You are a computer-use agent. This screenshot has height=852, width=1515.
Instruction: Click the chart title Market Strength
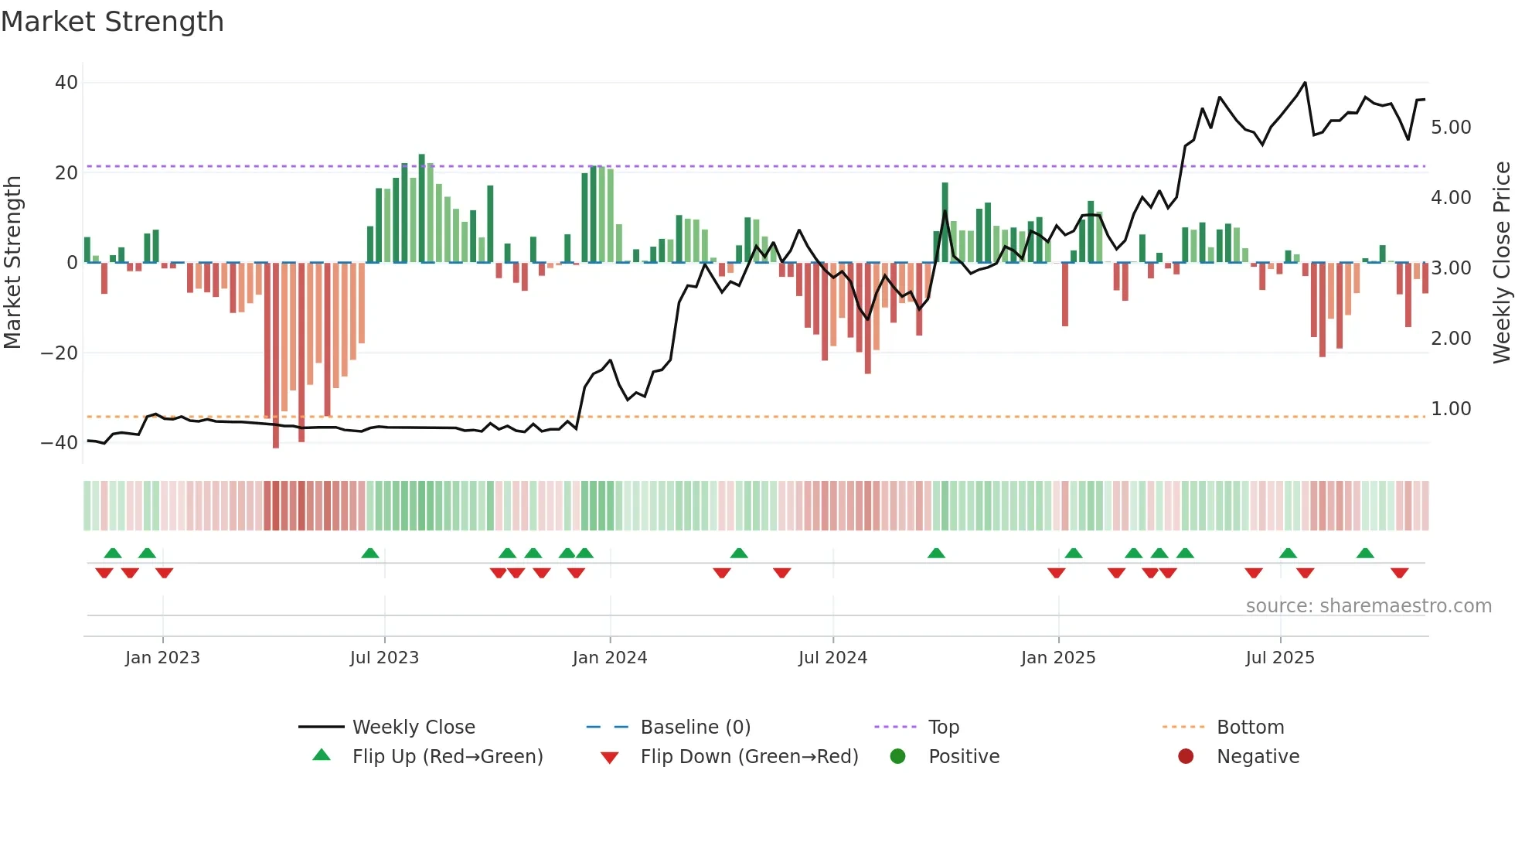[112, 22]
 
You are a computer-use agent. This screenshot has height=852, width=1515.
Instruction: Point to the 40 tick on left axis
[66, 83]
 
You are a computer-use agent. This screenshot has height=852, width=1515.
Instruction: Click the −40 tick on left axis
[60, 443]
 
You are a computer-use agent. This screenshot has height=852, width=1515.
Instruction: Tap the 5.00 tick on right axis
[1451, 128]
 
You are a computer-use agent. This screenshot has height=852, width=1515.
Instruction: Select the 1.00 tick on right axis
[1451, 409]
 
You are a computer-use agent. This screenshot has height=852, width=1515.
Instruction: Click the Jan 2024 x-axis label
[609, 658]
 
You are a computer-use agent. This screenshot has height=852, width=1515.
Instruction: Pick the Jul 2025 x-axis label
[1279, 658]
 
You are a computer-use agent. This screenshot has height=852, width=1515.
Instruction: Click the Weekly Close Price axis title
[1501, 263]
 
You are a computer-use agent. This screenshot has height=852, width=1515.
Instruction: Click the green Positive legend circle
[897, 756]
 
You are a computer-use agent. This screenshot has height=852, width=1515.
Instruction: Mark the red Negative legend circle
[1186, 756]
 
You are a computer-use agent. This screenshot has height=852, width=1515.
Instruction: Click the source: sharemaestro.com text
[1368, 606]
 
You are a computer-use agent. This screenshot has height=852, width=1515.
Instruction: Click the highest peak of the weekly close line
[1305, 83]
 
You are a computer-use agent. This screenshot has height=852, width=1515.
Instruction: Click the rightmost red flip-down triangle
[1399, 573]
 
